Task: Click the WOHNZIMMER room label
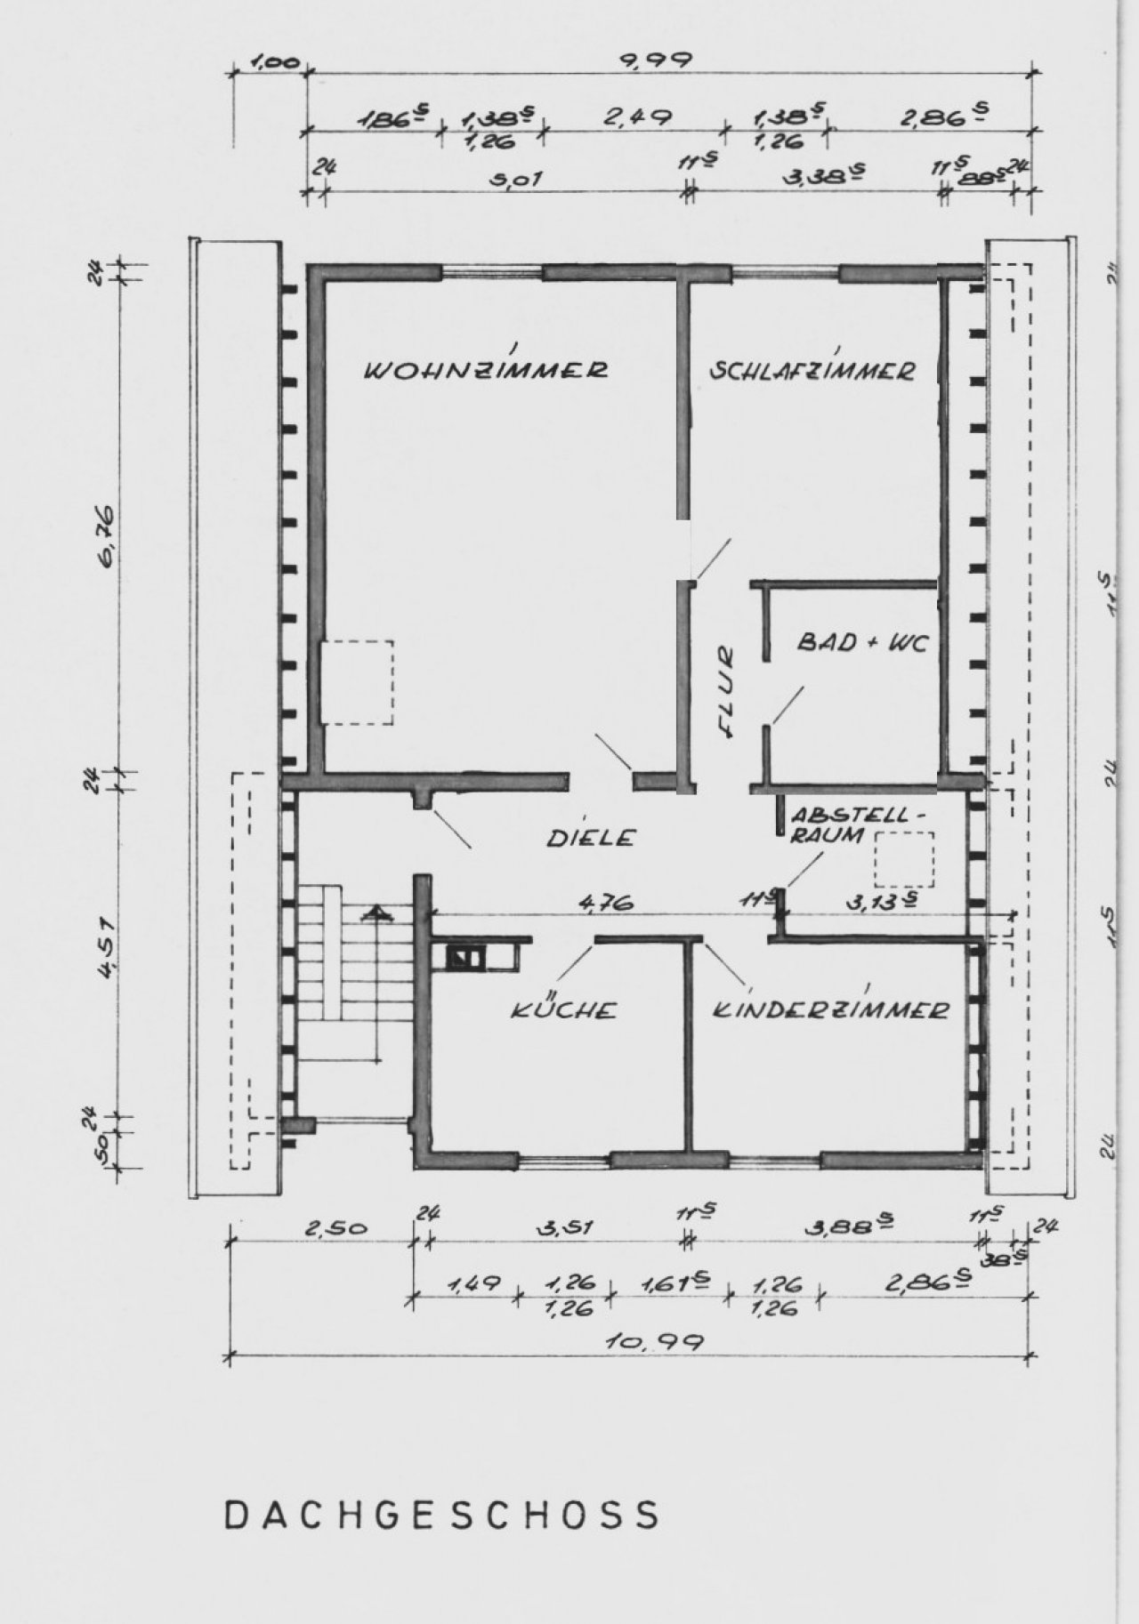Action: click(x=487, y=370)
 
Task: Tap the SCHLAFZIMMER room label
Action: click(x=812, y=370)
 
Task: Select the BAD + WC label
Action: click(x=861, y=641)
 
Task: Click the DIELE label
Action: click(x=591, y=837)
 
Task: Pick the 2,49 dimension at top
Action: click(x=636, y=117)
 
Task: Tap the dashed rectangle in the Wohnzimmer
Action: click(x=358, y=681)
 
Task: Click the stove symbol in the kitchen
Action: click(x=465, y=959)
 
